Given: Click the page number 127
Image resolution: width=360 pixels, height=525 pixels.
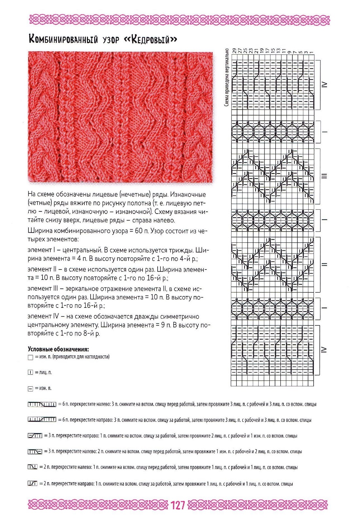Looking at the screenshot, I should coord(178,505).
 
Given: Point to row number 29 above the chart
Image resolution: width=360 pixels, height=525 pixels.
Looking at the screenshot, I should coord(234,51).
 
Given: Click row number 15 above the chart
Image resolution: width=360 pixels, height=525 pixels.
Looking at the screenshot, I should coord(273,51).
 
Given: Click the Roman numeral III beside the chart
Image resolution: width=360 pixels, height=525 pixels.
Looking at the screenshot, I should coord(324,176).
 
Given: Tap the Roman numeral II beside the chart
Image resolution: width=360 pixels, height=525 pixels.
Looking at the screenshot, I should coord(324,264).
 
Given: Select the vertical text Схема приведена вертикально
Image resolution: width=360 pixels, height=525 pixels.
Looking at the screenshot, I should coord(226,77).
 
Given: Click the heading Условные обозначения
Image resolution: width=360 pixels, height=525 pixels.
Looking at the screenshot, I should coord(58,349).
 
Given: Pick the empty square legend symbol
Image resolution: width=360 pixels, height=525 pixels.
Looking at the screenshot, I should coord(30,357).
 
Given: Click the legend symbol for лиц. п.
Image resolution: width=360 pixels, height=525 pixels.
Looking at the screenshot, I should coord(30,373).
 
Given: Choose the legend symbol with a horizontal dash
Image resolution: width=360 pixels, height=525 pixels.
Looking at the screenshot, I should coord(30,389).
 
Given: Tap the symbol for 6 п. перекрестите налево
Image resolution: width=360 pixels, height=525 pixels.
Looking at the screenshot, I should coord(42,405).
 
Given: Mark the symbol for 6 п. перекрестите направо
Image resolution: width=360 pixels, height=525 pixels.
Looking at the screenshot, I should coord(42,420).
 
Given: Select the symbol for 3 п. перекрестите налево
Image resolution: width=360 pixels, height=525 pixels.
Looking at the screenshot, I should coord(35,452).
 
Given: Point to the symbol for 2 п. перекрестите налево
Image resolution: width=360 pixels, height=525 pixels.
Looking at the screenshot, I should coord(33,467).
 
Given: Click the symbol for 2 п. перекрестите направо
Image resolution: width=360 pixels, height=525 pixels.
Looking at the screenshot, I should coord(33,483).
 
